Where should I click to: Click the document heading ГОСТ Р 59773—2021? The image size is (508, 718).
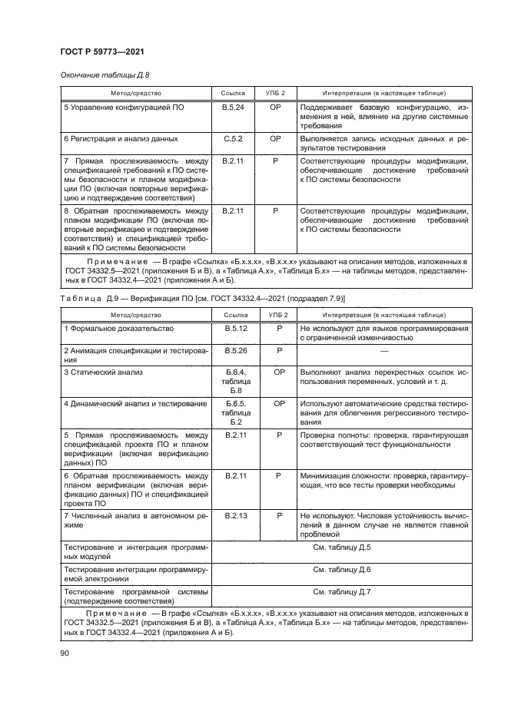click(x=104, y=51)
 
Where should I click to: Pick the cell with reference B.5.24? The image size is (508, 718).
click(x=233, y=108)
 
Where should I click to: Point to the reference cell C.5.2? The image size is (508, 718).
click(x=233, y=139)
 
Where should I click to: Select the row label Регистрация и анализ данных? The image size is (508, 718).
click(x=121, y=139)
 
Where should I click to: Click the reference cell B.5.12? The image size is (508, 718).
click(x=233, y=328)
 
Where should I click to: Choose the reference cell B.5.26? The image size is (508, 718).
click(x=233, y=350)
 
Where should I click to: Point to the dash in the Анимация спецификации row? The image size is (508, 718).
click(x=382, y=350)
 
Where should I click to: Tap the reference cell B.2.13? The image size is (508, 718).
click(x=233, y=515)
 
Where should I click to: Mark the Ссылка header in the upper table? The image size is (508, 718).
click(x=233, y=92)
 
